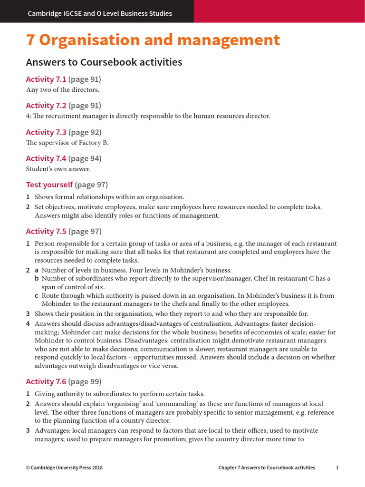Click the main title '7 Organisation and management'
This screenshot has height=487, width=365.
point(153,40)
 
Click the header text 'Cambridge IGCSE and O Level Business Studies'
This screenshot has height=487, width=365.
point(100,13)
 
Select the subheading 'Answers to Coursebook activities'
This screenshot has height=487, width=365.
point(104,62)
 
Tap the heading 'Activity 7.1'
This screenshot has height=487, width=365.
point(46,79)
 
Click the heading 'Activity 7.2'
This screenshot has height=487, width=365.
point(46,106)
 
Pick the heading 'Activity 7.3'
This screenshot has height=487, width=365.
point(46,132)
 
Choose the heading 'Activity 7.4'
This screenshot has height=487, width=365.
point(46,158)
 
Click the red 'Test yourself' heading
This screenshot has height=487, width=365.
point(49,185)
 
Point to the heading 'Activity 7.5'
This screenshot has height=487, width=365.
point(46,232)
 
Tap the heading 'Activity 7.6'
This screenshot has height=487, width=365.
point(46,381)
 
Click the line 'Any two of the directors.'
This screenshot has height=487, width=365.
point(62,89)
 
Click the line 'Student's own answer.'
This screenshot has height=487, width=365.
point(58,168)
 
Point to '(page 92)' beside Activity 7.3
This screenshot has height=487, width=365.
point(85,132)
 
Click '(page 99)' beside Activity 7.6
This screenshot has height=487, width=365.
point(85,381)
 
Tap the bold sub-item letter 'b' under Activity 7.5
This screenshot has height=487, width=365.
point(36,279)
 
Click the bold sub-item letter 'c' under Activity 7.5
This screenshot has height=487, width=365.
point(36,296)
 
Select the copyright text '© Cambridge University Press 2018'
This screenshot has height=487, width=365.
point(64,468)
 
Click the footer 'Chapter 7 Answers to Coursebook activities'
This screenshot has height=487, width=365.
point(267,468)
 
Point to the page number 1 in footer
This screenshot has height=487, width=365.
point(337,468)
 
